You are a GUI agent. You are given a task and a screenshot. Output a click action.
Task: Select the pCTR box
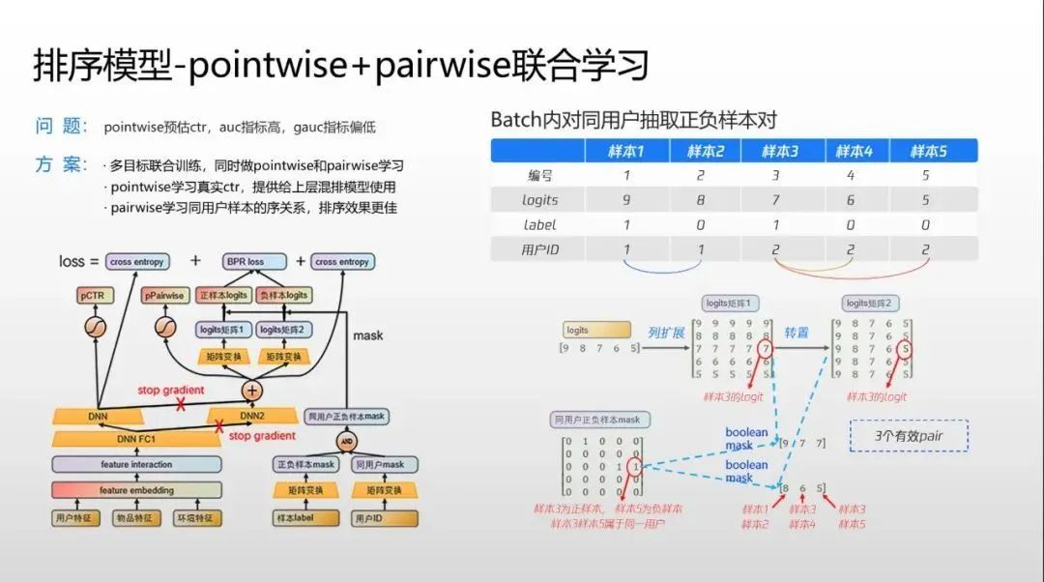[x=95, y=294]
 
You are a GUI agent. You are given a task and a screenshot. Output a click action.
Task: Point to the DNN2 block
[x=252, y=416]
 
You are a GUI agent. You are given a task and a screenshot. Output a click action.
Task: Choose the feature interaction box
[x=136, y=465]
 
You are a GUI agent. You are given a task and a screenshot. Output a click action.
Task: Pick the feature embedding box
[x=136, y=490]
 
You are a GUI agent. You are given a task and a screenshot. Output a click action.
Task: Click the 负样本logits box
[x=283, y=294]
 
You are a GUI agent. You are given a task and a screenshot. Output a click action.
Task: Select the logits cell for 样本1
[x=625, y=200]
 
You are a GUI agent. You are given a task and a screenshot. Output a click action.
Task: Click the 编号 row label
[x=538, y=176]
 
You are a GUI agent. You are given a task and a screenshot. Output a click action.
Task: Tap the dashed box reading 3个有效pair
[x=908, y=435]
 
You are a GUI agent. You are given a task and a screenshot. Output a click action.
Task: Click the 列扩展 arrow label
[x=666, y=333]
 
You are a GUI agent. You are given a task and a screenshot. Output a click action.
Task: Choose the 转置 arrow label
[x=796, y=333]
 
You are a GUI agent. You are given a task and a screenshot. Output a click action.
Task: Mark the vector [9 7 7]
[x=802, y=443]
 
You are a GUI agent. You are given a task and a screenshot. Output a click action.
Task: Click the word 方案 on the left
[x=62, y=164]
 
